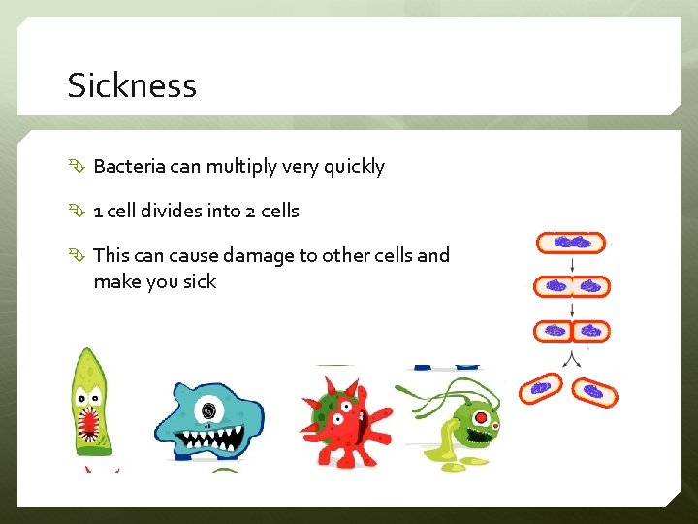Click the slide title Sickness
click(x=132, y=85)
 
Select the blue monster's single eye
click(x=207, y=410)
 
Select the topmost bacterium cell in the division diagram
click(x=571, y=243)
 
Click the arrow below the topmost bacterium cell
click(x=572, y=265)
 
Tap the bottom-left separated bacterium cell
click(x=540, y=388)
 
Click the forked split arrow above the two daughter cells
click(x=572, y=356)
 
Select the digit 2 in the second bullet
click(x=251, y=211)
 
